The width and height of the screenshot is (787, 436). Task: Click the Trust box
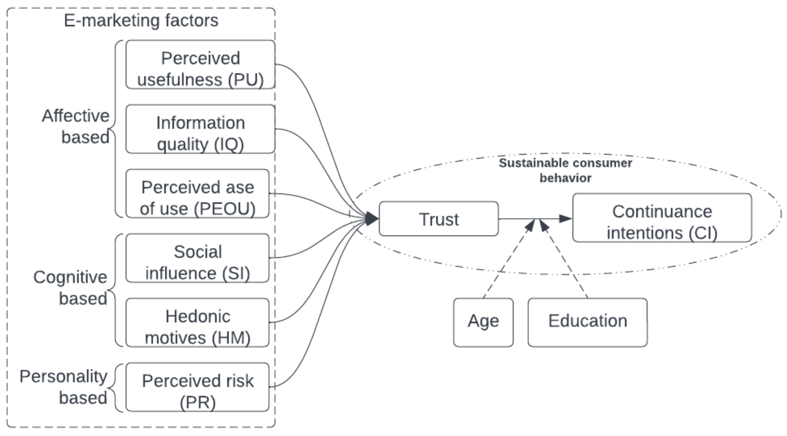point(438,219)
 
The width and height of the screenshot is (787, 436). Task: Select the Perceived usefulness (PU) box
point(201,65)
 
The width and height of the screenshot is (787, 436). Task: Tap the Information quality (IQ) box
point(201,129)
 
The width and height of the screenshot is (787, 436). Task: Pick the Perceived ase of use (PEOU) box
point(197,194)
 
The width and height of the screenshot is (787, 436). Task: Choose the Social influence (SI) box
point(197,258)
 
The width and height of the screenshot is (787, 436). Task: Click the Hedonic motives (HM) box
point(197,323)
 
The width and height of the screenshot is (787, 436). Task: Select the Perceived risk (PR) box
point(197,387)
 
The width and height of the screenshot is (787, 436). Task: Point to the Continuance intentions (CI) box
point(662,218)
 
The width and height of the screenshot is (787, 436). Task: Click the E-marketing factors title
point(141,21)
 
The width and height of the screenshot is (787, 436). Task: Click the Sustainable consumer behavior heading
point(565,170)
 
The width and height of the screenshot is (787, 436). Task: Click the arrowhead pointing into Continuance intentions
point(565,219)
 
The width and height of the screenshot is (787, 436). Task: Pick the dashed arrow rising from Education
point(565,260)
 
